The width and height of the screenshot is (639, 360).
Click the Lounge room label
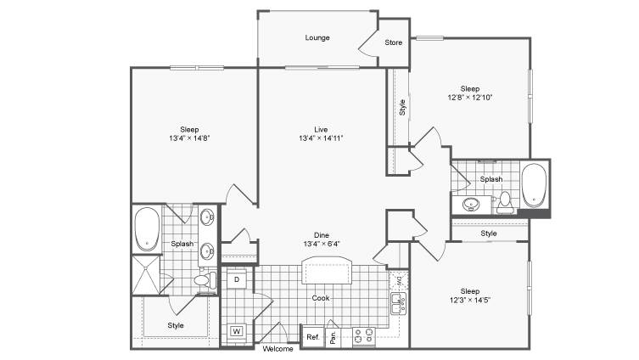click(x=317, y=37)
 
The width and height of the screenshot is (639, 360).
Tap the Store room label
click(x=393, y=42)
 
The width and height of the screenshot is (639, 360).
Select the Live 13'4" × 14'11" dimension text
click(x=321, y=138)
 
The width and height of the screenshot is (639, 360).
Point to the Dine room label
click(x=321, y=235)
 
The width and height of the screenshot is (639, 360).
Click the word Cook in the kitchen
click(x=320, y=298)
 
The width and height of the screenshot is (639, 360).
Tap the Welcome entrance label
click(x=277, y=349)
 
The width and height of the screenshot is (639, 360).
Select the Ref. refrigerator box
click(x=312, y=337)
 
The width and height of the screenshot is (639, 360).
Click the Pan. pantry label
click(x=333, y=338)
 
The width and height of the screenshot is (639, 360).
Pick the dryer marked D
click(x=237, y=279)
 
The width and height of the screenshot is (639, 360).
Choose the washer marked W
click(x=237, y=331)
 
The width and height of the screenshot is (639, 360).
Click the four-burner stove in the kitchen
click(x=364, y=336)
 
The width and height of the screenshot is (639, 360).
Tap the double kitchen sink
click(x=399, y=303)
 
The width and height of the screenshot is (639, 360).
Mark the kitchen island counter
click(x=326, y=270)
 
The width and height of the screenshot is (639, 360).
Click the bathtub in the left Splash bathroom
click(x=147, y=229)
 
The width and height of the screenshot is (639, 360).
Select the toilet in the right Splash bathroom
click(x=505, y=202)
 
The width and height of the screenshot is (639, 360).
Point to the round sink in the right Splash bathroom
click(x=471, y=204)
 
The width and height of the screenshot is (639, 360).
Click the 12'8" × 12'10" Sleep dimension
click(x=470, y=98)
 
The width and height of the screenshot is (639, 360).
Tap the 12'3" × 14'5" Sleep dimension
click(x=470, y=301)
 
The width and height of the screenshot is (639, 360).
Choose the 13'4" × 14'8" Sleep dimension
click(x=189, y=138)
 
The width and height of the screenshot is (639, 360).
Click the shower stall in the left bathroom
click(x=146, y=275)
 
